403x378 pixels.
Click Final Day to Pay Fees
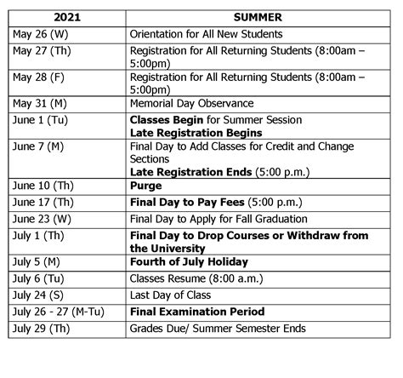(x=187, y=203)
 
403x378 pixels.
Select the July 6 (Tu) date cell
(x=38, y=279)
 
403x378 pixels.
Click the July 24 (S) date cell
(x=37, y=295)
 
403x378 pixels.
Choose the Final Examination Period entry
(x=197, y=312)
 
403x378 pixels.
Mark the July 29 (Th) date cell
(x=39, y=329)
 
